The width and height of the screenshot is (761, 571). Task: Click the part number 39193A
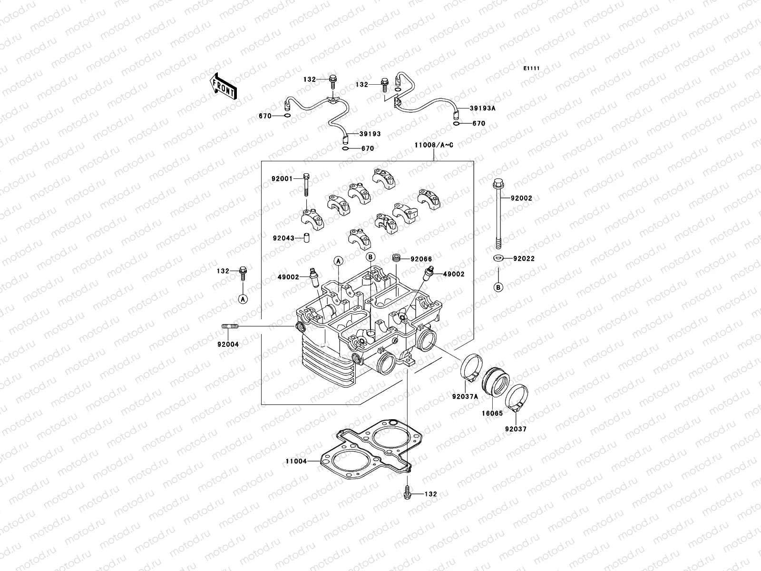tap(482, 108)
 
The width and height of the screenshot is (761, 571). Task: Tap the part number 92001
tap(282, 179)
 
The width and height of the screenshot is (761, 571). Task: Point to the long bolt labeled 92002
tap(498, 214)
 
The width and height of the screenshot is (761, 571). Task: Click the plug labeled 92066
tap(395, 259)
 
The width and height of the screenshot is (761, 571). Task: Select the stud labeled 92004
tap(228, 326)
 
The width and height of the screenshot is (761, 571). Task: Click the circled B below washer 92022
tap(498, 287)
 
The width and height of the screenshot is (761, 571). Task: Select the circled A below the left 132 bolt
tap(243, 299)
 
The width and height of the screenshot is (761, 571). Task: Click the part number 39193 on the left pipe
tap(370, 134)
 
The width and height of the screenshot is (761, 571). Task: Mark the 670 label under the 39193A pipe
tap(478, 124)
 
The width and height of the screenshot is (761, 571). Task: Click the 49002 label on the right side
tap(454, 274)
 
